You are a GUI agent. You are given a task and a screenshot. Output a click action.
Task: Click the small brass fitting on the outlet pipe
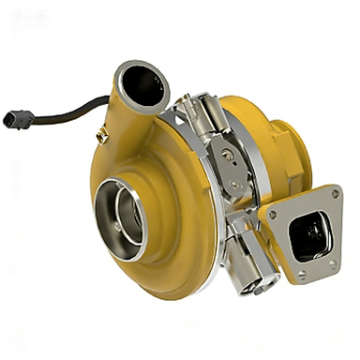point(102,138)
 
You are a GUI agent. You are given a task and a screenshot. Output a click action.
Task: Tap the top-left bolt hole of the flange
point(272,214)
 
